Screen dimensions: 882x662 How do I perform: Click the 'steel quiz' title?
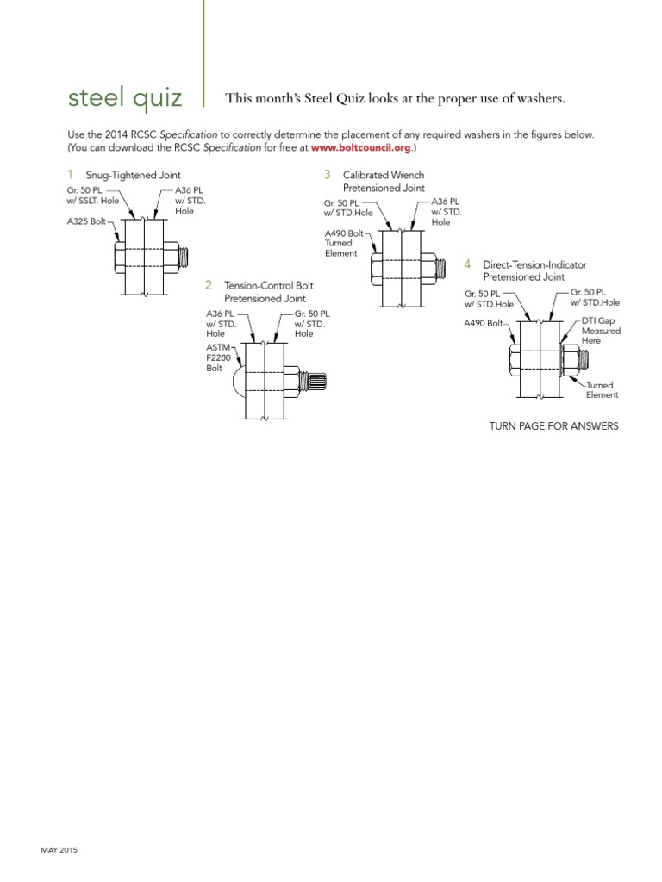[x=125, y=99]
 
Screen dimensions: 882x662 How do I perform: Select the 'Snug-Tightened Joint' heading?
[x=133, y=176]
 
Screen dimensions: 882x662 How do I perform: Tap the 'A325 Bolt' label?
[x=85, y=220]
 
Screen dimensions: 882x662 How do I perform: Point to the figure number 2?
[x=209, y=285]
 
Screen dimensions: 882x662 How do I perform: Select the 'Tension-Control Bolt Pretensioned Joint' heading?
[x=268, y=292]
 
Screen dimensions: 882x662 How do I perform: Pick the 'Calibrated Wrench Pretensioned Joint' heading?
[x=384, y=181]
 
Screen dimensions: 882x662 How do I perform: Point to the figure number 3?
[x=327, y=175]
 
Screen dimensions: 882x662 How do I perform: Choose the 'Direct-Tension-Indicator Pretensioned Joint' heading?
[x=523, y=271]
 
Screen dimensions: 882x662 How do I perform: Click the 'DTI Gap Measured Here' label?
[x=601, y=330]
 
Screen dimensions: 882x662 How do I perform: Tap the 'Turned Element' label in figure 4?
[x=603, y=390]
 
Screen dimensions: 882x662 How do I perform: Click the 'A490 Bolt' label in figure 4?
[x=483, y=323]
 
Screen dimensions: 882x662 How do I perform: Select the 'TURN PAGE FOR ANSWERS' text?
[x=553, y=426]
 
